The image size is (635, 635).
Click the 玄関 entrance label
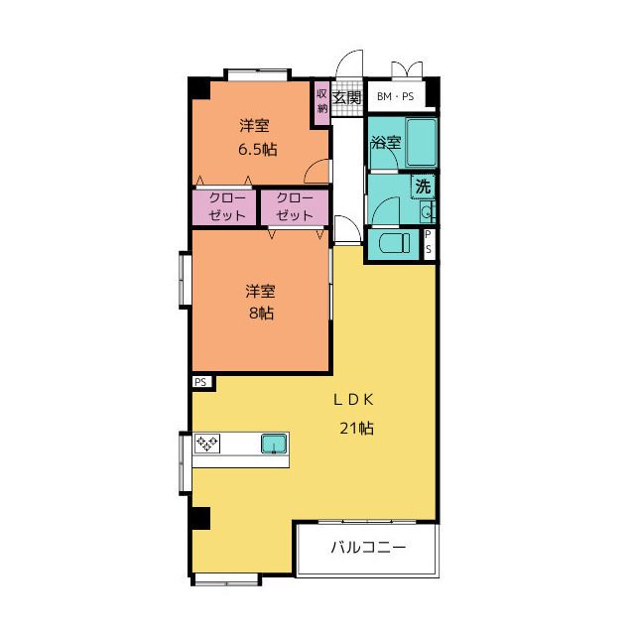(x=346, y=97)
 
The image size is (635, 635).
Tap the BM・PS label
(x=395, y=96)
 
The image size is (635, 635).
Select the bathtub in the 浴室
(x=421, y=143)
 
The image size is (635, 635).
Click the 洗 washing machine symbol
(x=423, y=187)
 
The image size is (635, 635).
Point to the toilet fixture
(x=395, y=244)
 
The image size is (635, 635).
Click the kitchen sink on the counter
(x=274, y=444)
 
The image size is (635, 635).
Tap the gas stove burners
(x=207, y=444)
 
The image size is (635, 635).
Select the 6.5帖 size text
(x=258, y=150)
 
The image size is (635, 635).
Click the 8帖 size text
(x=261, y=314)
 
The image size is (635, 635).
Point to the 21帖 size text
(x=356, y=428)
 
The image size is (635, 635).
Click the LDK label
(x=353, y=400)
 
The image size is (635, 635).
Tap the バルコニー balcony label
(x=368, y=548)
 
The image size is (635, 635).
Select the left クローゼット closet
(x=224, y=207)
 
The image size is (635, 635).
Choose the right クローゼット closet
(x=295, y=207)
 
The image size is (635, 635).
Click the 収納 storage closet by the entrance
(x=321, y=103)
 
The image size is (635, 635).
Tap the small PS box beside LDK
(x=201, y=382)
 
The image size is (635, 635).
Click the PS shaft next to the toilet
(x=429, y=244)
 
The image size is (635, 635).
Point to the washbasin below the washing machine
(x=426, y=211)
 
